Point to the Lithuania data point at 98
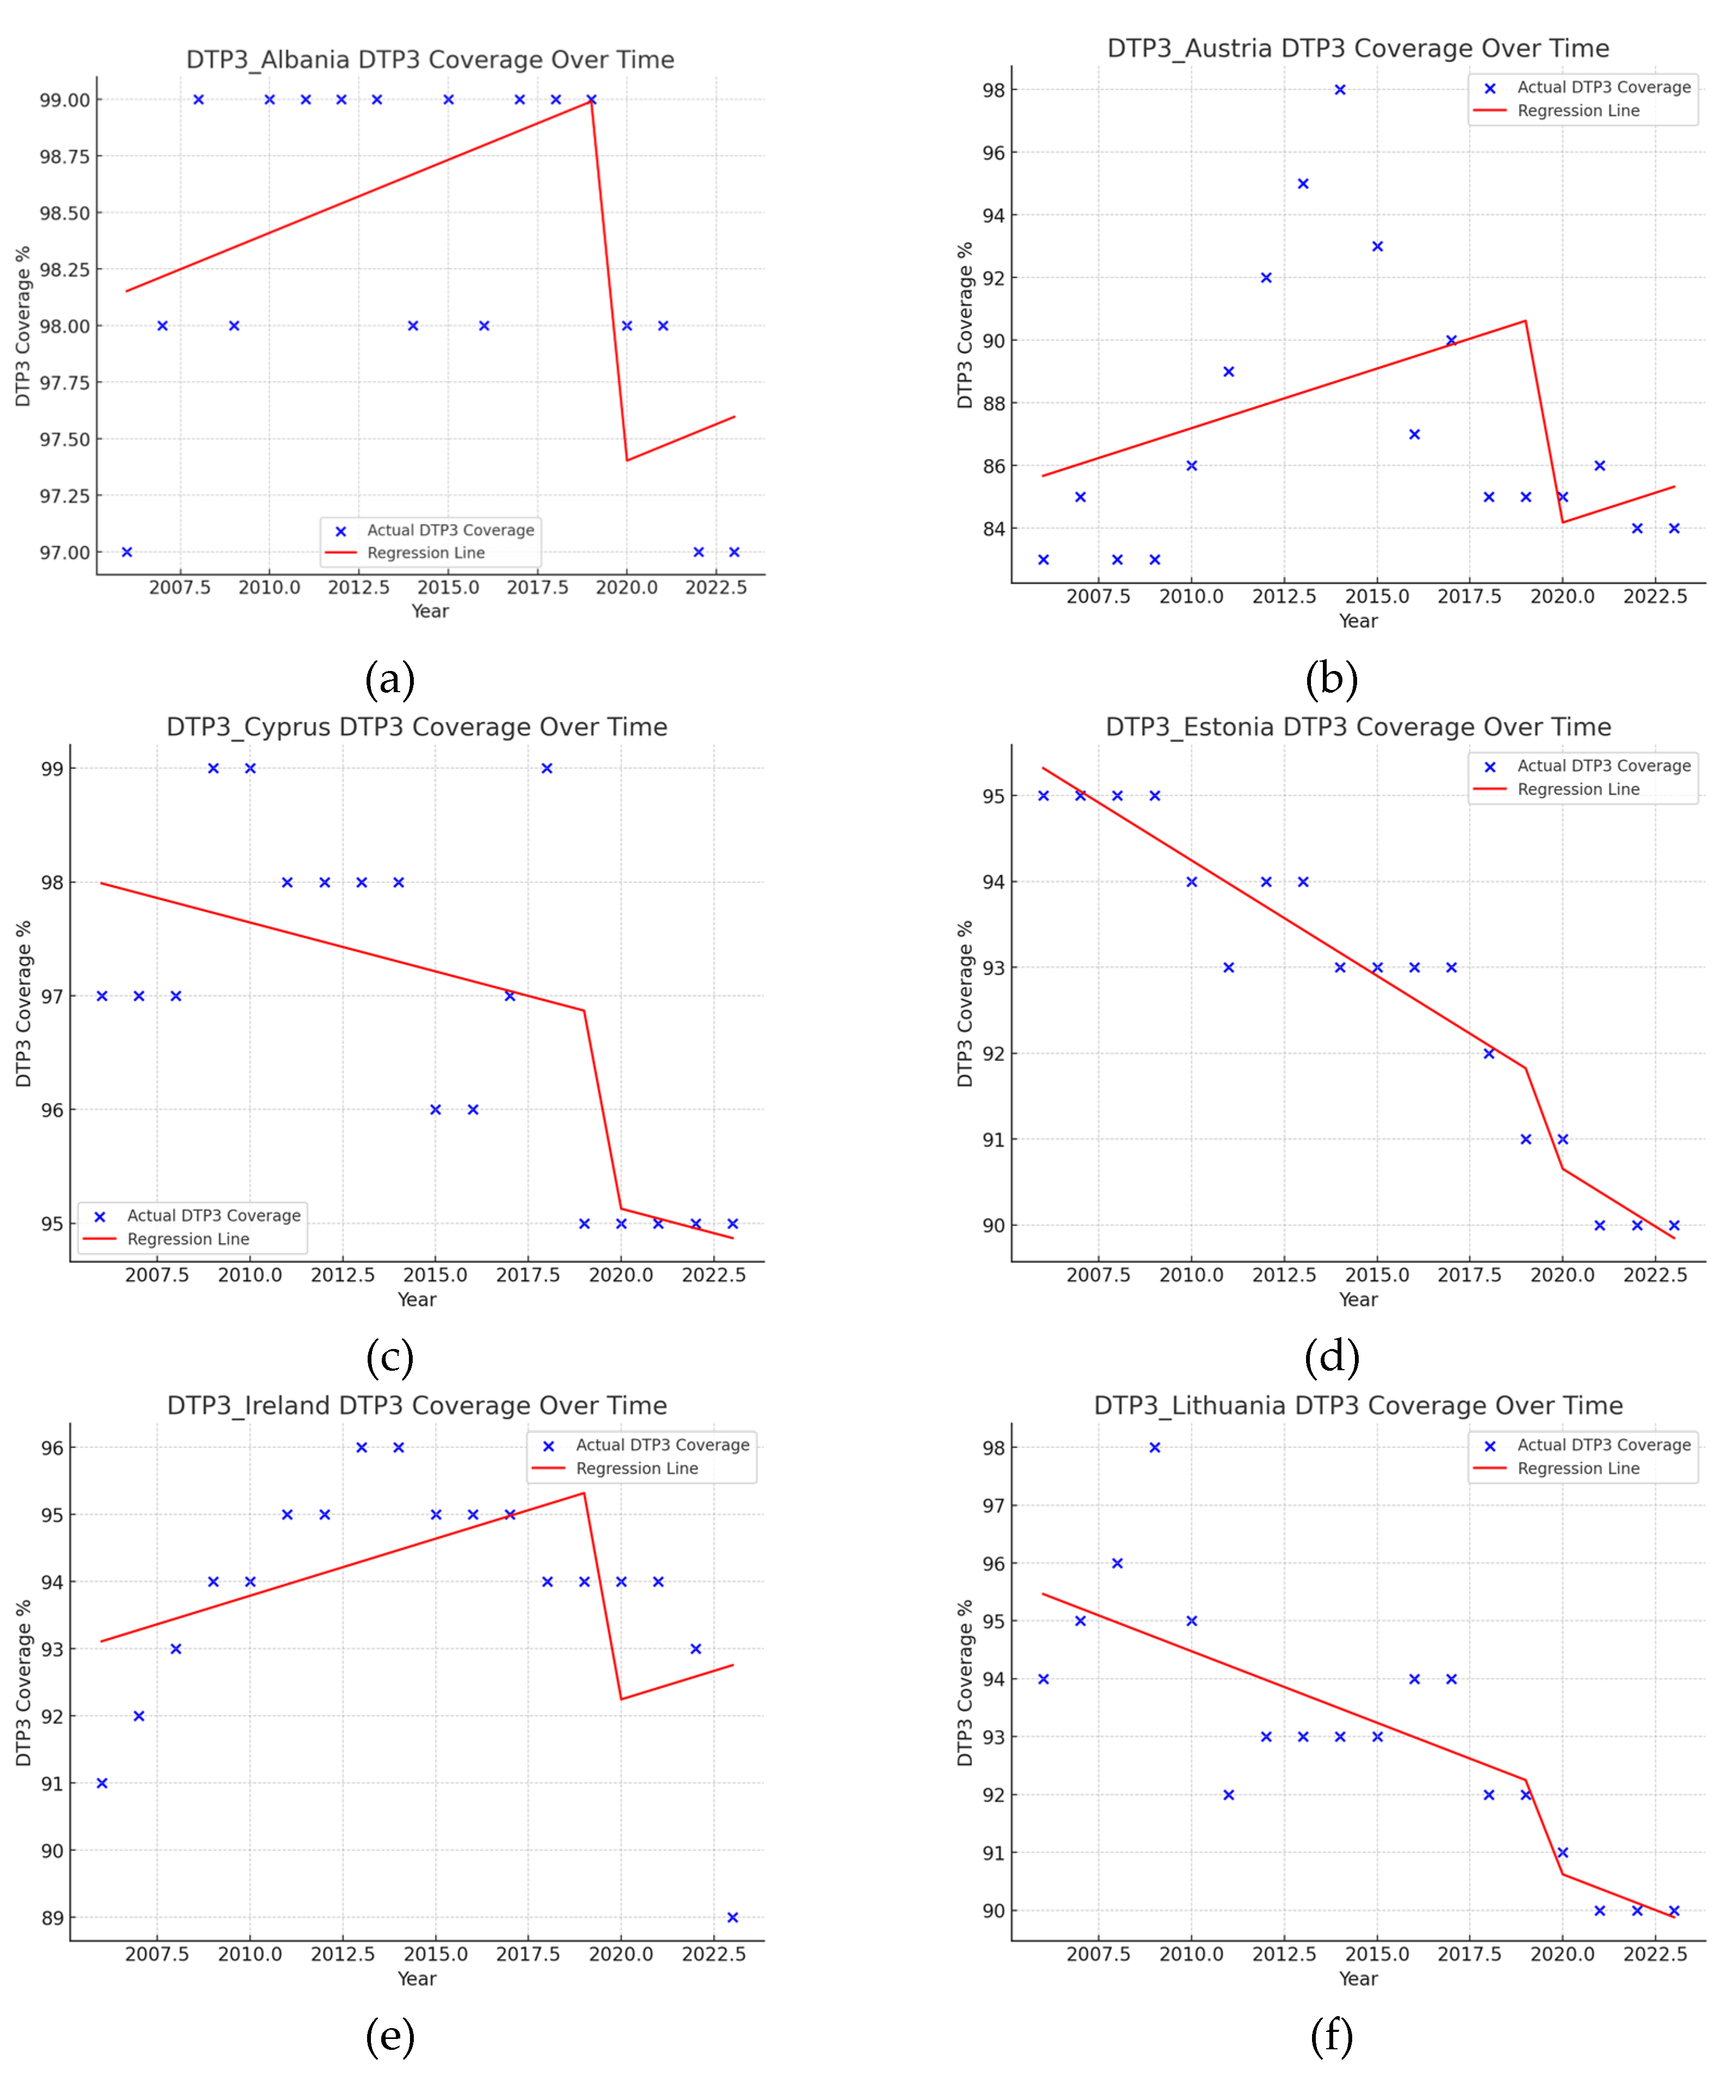(x=1155, y=1447)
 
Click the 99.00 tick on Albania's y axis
(x=64, y=100)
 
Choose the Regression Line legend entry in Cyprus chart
(x=188, y=1239)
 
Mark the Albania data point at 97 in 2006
(x=127, y=552)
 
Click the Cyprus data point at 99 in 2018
(x=547, y=769)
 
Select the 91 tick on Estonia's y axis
(x=993, y=1139)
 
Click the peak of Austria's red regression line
(x=1525, y=320)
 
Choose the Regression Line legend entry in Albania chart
(x=425, y=553)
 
